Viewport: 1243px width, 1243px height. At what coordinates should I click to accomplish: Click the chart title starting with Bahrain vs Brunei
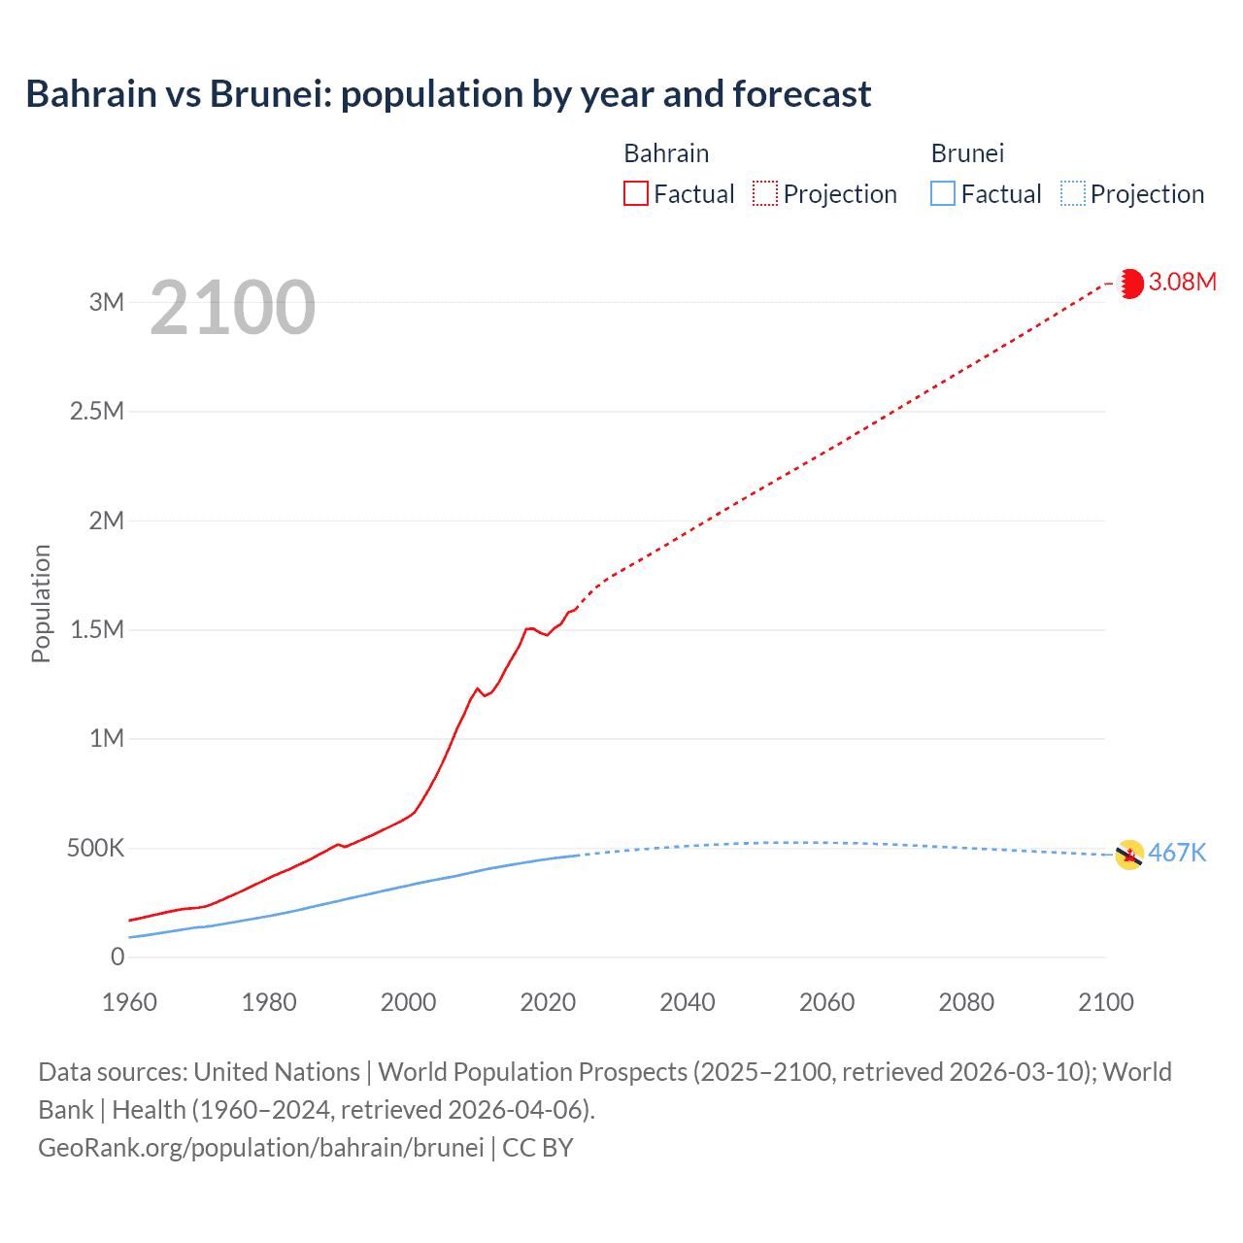click(x=448, y=94)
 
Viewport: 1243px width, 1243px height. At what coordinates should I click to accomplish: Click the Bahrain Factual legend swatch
click(x=635, y=193)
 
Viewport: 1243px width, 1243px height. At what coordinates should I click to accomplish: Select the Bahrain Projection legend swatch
click(x=765, y=193)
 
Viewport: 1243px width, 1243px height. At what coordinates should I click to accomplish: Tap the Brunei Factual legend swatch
click(x=942, y=193)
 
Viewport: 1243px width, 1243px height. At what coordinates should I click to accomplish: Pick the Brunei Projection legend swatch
click(x=1072, y=193)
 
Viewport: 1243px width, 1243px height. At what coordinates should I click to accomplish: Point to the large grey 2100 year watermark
click(x=232, y=308)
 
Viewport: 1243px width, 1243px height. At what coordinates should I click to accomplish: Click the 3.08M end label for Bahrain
click(x=1182, y=282)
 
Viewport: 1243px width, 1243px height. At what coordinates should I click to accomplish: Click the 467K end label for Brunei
click(x=1177, y=853)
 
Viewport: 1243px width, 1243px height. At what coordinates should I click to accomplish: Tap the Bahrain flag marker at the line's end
click(x=1130, y=284)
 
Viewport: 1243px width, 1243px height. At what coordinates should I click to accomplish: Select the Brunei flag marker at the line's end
click(x=1128, y=855)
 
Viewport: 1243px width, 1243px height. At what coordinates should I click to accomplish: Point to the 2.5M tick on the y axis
click(x=97, y=411)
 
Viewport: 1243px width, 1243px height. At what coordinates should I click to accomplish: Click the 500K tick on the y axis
click(x=95, y=848)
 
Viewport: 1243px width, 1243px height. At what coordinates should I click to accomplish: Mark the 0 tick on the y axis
click(x=118, y=957)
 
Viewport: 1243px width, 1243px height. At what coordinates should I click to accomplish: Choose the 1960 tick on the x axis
click(x=129, y=1002)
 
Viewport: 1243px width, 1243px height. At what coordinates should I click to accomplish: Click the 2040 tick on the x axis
click(x=688, y=1002)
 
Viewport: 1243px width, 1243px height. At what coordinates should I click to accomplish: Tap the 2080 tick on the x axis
click(x=966, y=1002)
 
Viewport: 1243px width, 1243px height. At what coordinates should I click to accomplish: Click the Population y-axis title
click(x=41, y=603)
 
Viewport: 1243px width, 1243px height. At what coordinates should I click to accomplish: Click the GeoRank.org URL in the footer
click(x=260, y=1148)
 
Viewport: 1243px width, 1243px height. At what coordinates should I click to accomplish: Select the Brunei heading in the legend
click(x=967, y=153)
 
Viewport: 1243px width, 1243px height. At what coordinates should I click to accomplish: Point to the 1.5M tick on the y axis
click(x=97, y=629)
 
